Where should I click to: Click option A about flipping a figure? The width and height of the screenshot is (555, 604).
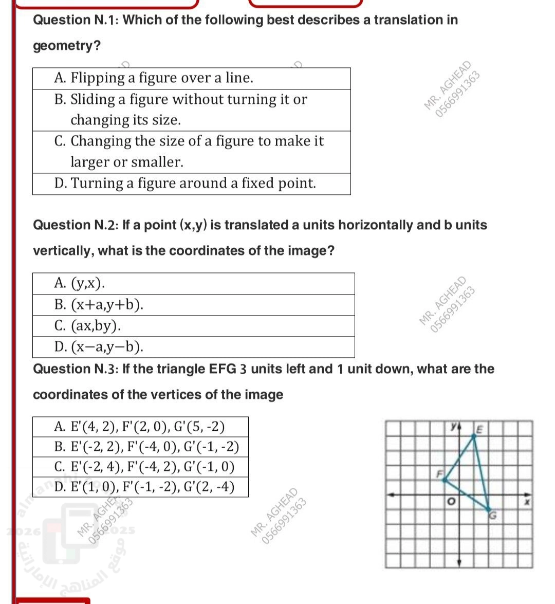tap(154, 78)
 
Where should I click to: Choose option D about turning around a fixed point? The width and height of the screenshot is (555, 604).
tap(185, 184)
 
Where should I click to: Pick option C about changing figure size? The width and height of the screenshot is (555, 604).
tap(189, 151)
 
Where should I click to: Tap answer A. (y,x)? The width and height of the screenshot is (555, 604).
tap(80, 283)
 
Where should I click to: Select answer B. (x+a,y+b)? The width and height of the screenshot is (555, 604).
tap(99, 305)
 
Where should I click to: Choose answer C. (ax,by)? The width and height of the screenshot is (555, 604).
tap(88, 326)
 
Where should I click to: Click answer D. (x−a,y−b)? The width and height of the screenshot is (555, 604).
tap(99, 347)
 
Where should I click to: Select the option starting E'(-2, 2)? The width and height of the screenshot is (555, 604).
tap(146, 447)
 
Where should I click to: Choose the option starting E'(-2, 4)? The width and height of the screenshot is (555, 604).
tap(144, 467)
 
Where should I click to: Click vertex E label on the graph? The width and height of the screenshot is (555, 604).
tap(480, 428)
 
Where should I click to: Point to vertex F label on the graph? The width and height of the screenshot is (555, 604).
tap(440, 473)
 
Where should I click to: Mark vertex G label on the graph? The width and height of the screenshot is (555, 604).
tap(492, 516)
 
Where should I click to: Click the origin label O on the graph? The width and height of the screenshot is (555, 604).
tap(451, 501)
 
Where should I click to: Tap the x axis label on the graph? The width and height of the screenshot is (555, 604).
tap(527, 501)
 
